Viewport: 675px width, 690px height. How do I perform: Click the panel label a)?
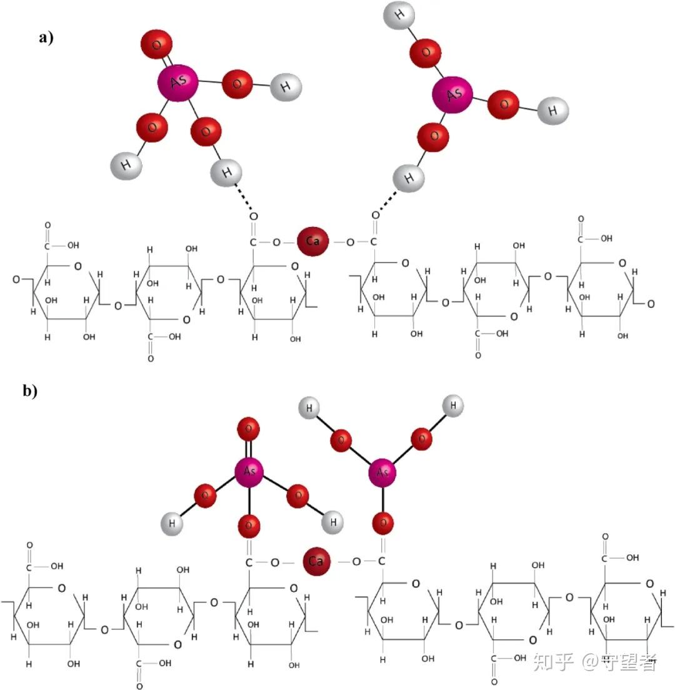[46, 37]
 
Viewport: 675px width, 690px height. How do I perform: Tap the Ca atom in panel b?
[316, 561]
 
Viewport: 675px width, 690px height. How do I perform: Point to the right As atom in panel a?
[452, 95]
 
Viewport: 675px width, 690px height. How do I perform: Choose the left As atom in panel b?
[249, 470]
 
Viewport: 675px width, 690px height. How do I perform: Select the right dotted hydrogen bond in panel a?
[388, 200]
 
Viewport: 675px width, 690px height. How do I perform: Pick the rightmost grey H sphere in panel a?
[553, 111]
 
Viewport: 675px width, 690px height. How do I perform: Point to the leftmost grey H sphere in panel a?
[126, 165]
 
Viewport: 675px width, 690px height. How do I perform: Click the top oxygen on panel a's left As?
[156, 44]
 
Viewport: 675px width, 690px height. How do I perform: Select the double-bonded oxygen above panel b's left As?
[249, 429]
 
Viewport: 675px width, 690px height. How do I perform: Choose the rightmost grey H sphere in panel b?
[453, 406]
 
